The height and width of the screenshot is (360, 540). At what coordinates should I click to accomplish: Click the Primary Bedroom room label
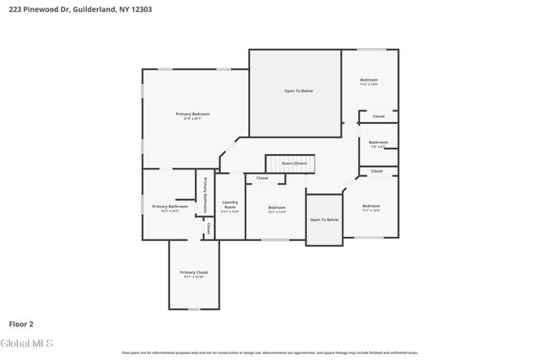192,114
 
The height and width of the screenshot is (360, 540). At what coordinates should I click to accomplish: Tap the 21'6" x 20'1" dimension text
192,119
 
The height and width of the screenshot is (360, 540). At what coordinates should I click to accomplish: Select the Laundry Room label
229,204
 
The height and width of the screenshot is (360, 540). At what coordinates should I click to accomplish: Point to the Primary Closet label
193,272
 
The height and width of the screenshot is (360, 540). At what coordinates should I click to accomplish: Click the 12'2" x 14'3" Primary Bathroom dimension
170,211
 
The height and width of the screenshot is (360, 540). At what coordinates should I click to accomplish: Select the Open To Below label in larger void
298,91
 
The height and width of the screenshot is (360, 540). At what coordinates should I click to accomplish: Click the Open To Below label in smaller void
324,219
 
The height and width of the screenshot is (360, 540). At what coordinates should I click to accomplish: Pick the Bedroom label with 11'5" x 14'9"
369,80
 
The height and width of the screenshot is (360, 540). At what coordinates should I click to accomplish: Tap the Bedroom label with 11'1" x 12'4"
371,206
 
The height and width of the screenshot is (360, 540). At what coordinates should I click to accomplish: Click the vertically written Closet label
208,228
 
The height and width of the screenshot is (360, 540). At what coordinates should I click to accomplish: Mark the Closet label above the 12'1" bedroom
262,178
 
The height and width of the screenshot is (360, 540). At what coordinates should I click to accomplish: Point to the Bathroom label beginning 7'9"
378,142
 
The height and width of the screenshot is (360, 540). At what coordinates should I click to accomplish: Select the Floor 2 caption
21,323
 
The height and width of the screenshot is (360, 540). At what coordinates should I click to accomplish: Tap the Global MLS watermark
27,343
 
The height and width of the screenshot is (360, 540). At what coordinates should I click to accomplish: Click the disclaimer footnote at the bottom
269,352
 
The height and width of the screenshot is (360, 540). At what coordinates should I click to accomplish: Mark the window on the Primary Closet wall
193,309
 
